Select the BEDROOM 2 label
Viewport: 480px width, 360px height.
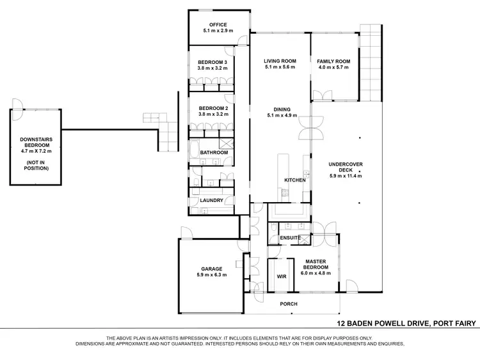click(x=214, y=109)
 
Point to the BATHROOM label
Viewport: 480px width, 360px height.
click(x=214, y=153)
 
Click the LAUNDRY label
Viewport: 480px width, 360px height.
click(x=211, y=200)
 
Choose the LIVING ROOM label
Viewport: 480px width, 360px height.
click(x=280, y=61)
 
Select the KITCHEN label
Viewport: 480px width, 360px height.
click(x=295, y=180)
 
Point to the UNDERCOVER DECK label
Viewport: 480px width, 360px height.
click(x=346, y=164)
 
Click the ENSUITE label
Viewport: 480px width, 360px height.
click(x=291, y=238)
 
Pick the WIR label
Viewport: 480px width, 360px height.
click(x=280, y=277)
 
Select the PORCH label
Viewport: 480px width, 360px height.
click(x=289, y=304)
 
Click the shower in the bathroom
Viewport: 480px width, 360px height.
click(x=226, y=144)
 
